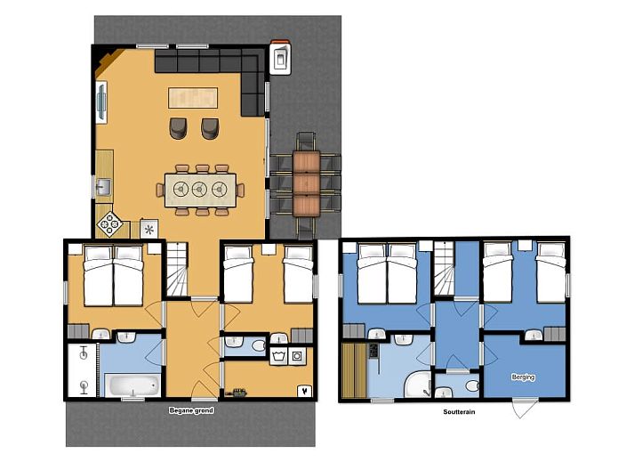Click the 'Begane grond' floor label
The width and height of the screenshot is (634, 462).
pyautogui.click(x=191, y=410)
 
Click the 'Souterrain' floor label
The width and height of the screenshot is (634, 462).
pyautogui.click(x=459, y=412)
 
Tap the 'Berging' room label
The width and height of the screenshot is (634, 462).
pyautogui.click(x=523, y=377)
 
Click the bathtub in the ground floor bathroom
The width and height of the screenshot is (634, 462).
pyautogui.click(x=132, y=385)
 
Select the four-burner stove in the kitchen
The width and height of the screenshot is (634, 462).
pyautogui.click(x=109, y=224)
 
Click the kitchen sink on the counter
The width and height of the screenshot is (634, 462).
pyautogui.click(x=103, y=187)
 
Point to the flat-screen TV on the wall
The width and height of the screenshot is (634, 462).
pyautogui.click(x=101, y=101)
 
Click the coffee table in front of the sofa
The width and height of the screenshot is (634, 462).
pyautogui.click(x=193, y=98)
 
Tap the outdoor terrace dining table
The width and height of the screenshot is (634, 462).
pyautogui.click(x=307, y=184)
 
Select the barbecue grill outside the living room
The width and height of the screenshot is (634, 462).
pyautogui.click(x=280, y=58)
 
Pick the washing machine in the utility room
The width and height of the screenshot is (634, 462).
pyautogui.click(x=278, y=356)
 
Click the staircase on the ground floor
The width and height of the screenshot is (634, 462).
pyautogui.click(x=177, y=269)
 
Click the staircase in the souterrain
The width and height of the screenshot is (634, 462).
pyautogui.click(x=444, y=268)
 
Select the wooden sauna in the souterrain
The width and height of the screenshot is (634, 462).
pyautogui.click(x=354, y=370)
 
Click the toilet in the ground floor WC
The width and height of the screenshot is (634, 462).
pyautogui.click(x=258, y=345)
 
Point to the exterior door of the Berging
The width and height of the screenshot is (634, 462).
pyautogui.click(x=525, y=407)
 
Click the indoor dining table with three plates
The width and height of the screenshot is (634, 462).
pyautogui.click(x=200, y=190)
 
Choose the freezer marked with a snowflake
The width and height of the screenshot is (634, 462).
pyautogui.click(x=148, y=229)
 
